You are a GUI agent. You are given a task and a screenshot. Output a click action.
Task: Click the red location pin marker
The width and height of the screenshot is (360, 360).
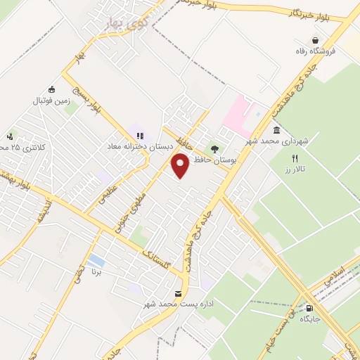[x=181, y=165]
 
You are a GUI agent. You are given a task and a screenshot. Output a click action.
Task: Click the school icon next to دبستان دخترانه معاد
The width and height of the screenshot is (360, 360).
[x=139, y=135]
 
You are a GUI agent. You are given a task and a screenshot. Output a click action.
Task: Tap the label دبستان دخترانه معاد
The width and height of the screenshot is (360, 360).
[x=137, y=146]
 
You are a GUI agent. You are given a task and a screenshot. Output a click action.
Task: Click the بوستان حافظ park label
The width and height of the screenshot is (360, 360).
[x=212, y=161]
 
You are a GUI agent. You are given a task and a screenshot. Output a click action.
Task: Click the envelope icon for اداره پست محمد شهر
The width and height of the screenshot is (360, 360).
[x=177, y=293]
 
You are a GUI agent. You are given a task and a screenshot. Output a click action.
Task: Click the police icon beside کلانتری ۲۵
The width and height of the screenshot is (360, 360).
[x=9, y=136]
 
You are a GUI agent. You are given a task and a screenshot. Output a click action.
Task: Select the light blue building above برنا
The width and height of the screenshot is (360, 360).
[x=97, y=261]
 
